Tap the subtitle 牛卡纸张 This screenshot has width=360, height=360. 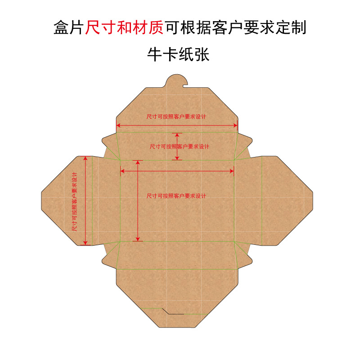point(179,55)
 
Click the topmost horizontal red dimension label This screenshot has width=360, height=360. point(176,117)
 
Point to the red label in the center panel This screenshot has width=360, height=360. point(176,196)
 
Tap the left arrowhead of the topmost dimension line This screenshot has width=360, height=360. point(118,126)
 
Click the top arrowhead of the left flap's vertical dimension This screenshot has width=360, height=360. point(85,158)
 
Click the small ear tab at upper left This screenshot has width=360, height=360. point(108,138)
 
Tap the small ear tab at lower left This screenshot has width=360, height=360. point(108,260)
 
